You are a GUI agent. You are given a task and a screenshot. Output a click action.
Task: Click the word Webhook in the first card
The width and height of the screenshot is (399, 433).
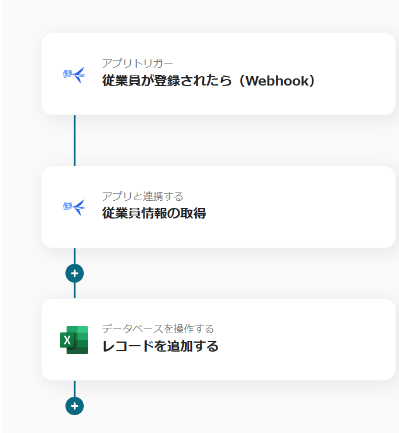[x=275, y=81]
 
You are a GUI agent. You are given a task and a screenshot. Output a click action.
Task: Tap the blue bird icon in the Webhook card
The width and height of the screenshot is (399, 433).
[x=74, y=75]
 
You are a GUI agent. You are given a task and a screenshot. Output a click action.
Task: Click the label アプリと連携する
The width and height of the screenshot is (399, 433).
[x=142, y=197]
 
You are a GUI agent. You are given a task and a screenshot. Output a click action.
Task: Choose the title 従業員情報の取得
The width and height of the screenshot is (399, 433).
[x=154, y=213]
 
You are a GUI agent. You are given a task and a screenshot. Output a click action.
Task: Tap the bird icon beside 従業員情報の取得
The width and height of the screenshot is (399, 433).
[x=74, y=207]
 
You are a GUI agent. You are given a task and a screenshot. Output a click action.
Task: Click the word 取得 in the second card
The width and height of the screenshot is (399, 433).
[x=193, y=213]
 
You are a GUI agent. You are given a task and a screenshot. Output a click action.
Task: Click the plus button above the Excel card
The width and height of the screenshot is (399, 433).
[x=74, y=273]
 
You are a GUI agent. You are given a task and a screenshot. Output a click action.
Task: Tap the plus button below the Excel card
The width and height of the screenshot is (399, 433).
[x=74, y=406]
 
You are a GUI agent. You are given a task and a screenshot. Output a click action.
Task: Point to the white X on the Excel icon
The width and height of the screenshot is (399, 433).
[x=67, y=340]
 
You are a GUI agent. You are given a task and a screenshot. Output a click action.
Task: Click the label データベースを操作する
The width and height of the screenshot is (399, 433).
[x=158, y=329]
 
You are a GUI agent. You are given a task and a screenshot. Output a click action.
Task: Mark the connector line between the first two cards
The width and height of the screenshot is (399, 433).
[x=74, y=140]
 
